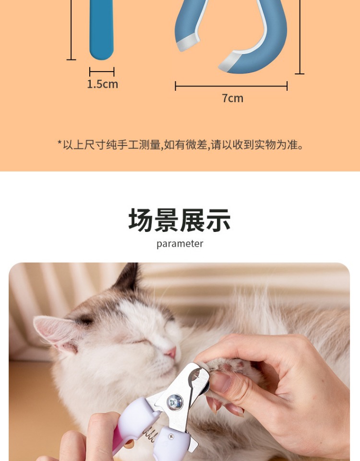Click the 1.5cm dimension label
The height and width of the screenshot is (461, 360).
pyautogui.click(x=102, y=84)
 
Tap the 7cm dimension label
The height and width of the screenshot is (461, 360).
pyautogui.click(x=232, y=98)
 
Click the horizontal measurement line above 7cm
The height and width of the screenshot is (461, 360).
pyautogui.click(x=231, y=86)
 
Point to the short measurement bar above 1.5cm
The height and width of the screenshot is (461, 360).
pyautogui.click(x=102, y=72)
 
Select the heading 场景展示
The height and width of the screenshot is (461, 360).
pyautogui.click(x=180, y=220)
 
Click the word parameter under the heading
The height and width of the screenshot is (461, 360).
pyautogui.click(x=180, y=244)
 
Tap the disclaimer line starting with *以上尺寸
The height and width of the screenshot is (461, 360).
pyautogui.click(x=180, y=145)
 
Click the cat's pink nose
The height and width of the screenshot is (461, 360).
pyautogui.click(x=171, y=352)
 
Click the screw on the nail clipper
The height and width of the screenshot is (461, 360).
pyautogui.click(x=175, y=402)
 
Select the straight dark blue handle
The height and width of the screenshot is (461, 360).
pyautogui.click(x=101, y=29)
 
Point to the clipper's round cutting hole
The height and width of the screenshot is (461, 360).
pyautogui.click(x=195, y=376)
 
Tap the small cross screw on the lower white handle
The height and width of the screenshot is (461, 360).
pyautogui.click(x=171, y=437)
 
